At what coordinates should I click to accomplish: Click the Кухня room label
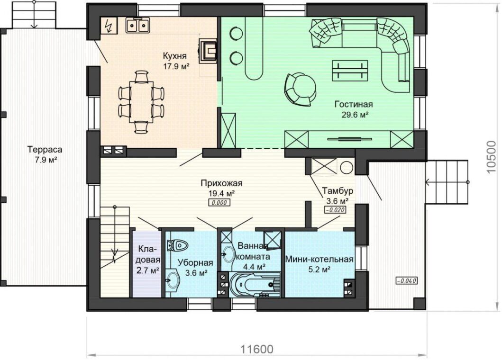click(174, 56)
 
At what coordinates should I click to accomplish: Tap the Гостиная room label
click(354, 104)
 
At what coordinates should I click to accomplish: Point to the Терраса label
click(45, 149)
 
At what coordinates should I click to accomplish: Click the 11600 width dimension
click(257, 349)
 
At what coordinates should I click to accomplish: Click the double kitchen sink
click(137, 25)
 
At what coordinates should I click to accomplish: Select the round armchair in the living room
click(300, 89)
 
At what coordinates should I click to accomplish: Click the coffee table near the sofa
click(350, 71)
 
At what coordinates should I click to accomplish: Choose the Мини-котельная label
click(319, 259)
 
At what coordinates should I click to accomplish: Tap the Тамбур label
click(338, 191)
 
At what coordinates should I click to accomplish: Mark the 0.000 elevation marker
click(219, 202)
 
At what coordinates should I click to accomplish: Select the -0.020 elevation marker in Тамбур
click(335, 210)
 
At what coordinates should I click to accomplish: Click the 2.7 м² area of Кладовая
click(148, 271)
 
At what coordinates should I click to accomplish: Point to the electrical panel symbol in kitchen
click(109, 25)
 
